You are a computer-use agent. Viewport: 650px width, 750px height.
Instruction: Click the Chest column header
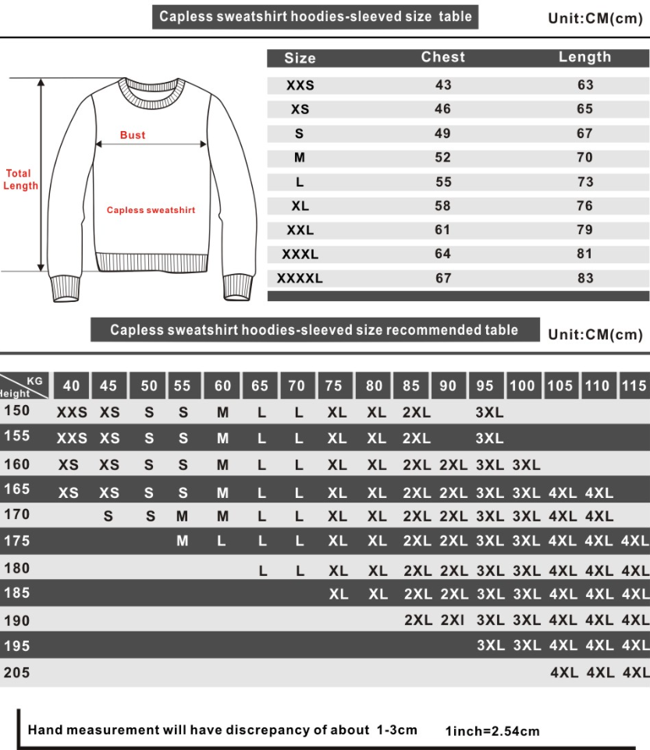click(442, 57)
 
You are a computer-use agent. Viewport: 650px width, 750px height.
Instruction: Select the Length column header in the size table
click(584, 57)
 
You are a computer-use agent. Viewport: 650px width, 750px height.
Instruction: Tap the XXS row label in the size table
click(300, 85)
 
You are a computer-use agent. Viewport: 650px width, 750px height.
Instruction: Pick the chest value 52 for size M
click(442, 158)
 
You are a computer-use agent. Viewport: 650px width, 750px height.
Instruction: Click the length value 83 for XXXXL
click(585, 278)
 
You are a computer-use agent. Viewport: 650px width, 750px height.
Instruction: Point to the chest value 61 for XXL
click(442, 230)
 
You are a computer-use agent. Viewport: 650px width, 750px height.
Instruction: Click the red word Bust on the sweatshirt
click(133, 135)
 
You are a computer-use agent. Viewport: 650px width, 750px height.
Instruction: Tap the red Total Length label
click(18, 180)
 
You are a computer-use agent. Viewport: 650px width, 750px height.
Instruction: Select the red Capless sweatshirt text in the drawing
click(151, 210)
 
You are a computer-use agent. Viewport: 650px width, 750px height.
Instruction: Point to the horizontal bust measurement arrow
click(151, 144)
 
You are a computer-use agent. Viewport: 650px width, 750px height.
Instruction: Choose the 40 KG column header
click(71, 386)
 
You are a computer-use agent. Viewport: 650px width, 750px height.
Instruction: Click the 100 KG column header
click(522, 386)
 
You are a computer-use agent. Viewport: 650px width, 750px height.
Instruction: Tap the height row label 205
click(16, 672)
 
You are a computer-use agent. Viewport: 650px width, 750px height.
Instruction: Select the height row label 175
click(16, 541)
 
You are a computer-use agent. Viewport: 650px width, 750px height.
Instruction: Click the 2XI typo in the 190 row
click(453, 620)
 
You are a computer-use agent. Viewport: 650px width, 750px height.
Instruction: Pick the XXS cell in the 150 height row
click(72, 413)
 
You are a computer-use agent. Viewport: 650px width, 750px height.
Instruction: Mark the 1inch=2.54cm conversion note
click(492, 731)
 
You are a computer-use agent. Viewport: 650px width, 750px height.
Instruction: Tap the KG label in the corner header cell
click(34, 380)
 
